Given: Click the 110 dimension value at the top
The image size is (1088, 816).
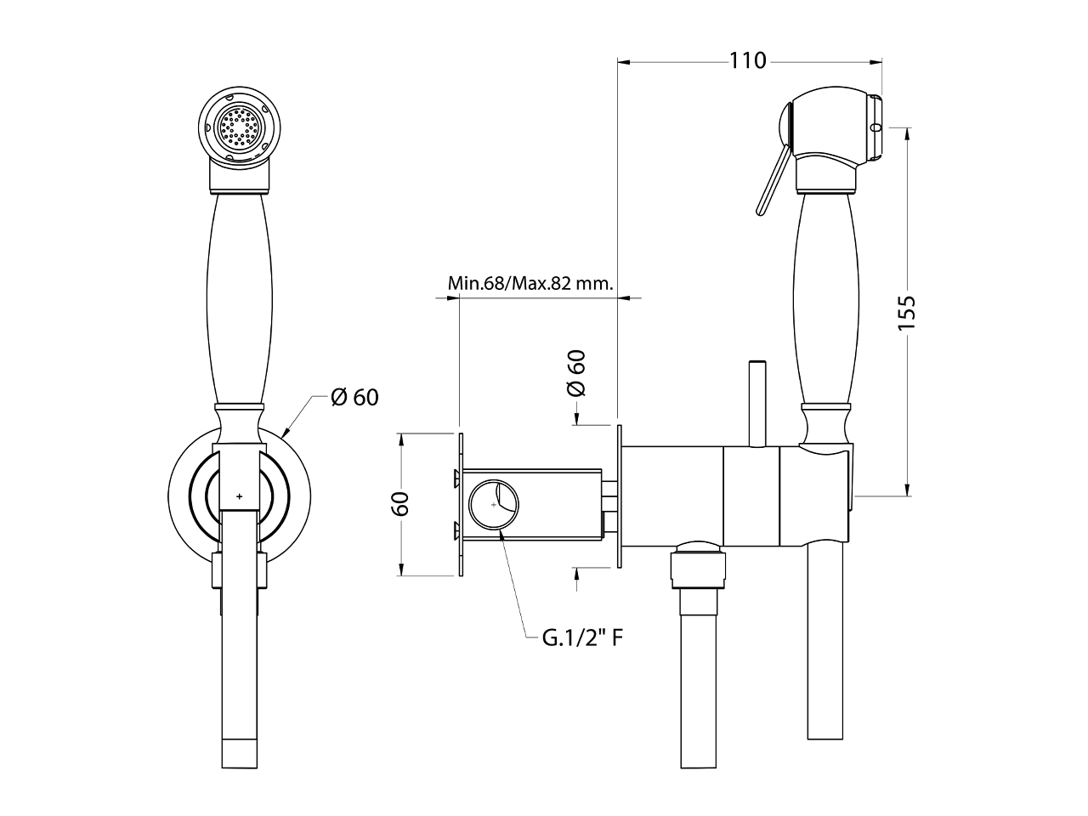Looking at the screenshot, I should [747, 61].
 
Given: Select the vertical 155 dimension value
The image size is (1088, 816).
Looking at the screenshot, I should [907, 312].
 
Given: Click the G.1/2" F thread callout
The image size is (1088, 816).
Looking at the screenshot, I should [584, 637].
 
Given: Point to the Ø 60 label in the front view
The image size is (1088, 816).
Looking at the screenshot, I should [354, 397].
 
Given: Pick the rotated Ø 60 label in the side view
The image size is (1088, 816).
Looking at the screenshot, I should [576, 372].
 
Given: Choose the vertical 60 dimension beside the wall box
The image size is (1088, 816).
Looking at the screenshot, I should [401, 503].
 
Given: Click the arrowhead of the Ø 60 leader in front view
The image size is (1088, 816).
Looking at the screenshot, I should [284, 434].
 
